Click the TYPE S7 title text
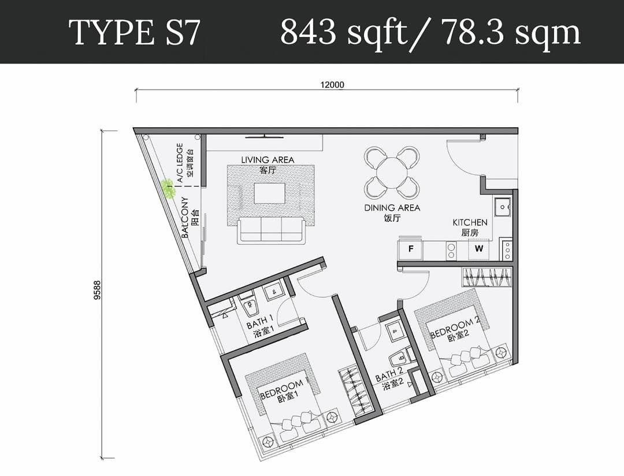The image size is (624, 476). tap(134, 32)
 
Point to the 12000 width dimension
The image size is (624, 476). tap(332, 85)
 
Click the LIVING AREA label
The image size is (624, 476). tap(268, 160)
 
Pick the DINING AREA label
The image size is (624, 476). tap(392, 207)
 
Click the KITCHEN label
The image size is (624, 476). tap(470, 222)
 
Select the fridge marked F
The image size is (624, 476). tap(411, 250)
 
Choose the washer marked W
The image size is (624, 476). tap(478, 250)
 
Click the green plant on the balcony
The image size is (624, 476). tap(168, 188)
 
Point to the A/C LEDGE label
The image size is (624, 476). tap(180, 163)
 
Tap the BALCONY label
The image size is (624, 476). tap(185, 217)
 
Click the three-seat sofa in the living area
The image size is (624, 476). tap(270, 229)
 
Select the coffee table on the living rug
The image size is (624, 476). tap(269, 193)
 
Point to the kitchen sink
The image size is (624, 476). tap(503, 206)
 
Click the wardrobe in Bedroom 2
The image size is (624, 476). tap(486, 277)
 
